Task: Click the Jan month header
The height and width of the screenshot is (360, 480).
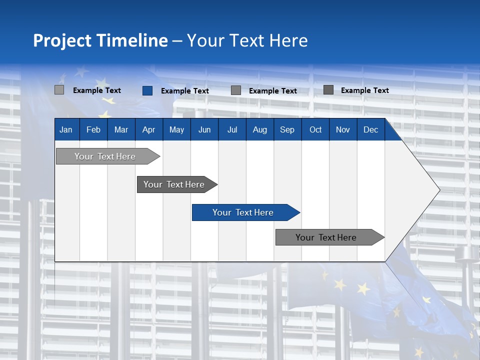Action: click(66, 129)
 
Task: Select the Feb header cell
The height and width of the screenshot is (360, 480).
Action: click(93, 129)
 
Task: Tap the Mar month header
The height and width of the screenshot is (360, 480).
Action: click(121, 129)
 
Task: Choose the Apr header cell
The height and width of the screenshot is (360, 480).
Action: click(149, 129)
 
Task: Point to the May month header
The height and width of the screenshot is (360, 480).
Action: click(176, 129)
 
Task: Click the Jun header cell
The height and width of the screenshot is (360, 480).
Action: click(204, 129)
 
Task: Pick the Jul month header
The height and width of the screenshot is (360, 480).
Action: click(232, 129)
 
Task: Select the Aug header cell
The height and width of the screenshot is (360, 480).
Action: click(260, 129)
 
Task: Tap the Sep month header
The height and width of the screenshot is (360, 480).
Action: click(287, 129)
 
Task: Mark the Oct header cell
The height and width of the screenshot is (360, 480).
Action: click(315, 129)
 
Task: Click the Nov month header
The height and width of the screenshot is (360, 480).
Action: click(343, 129)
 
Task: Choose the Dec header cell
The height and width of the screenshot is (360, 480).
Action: click(371, 129)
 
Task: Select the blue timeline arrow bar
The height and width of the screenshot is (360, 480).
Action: click(243, 212)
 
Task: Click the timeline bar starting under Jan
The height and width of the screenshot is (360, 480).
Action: click(105, 156)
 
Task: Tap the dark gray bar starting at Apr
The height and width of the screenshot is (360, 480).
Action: click(174, 184)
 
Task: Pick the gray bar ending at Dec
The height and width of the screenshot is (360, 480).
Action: click(326, 237)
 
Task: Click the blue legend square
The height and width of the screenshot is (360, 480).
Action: click(147, 90)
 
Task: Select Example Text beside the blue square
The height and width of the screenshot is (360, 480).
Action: click(185, 91)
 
